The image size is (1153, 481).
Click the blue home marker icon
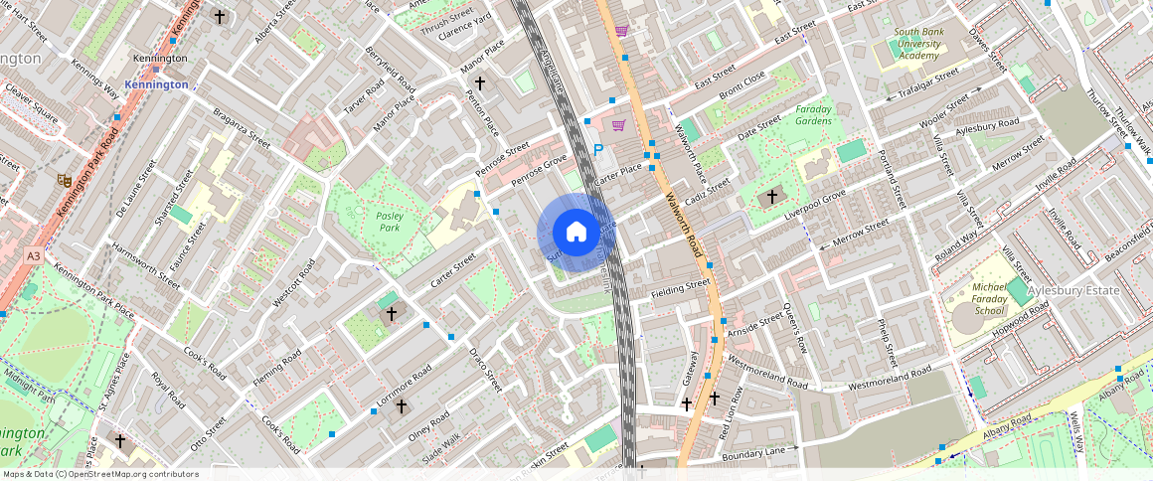click(576, 233)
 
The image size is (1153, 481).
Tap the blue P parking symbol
click(597, 150)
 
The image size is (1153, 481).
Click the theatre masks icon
click(64, 180)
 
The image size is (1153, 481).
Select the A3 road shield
click(35, 256)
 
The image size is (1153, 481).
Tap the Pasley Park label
click(387, 220)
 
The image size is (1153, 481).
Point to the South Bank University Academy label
click(918, 44)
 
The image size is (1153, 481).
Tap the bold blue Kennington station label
click(156, 84)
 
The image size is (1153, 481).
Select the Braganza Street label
click(242, 128)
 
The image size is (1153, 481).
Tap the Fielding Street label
click(680, 289)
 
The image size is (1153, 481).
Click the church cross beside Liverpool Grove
click(771, 197)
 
